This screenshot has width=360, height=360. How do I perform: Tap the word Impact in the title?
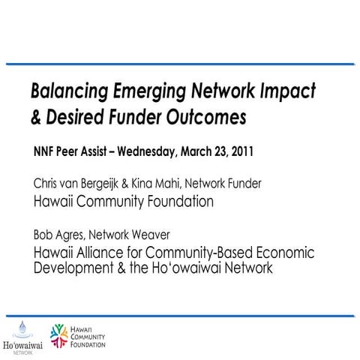pos(288,91)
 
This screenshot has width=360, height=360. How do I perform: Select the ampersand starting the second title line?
pos(35,118)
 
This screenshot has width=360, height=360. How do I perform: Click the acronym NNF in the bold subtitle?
pos(46,150)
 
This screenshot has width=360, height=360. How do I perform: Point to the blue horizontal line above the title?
pos(180,64)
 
